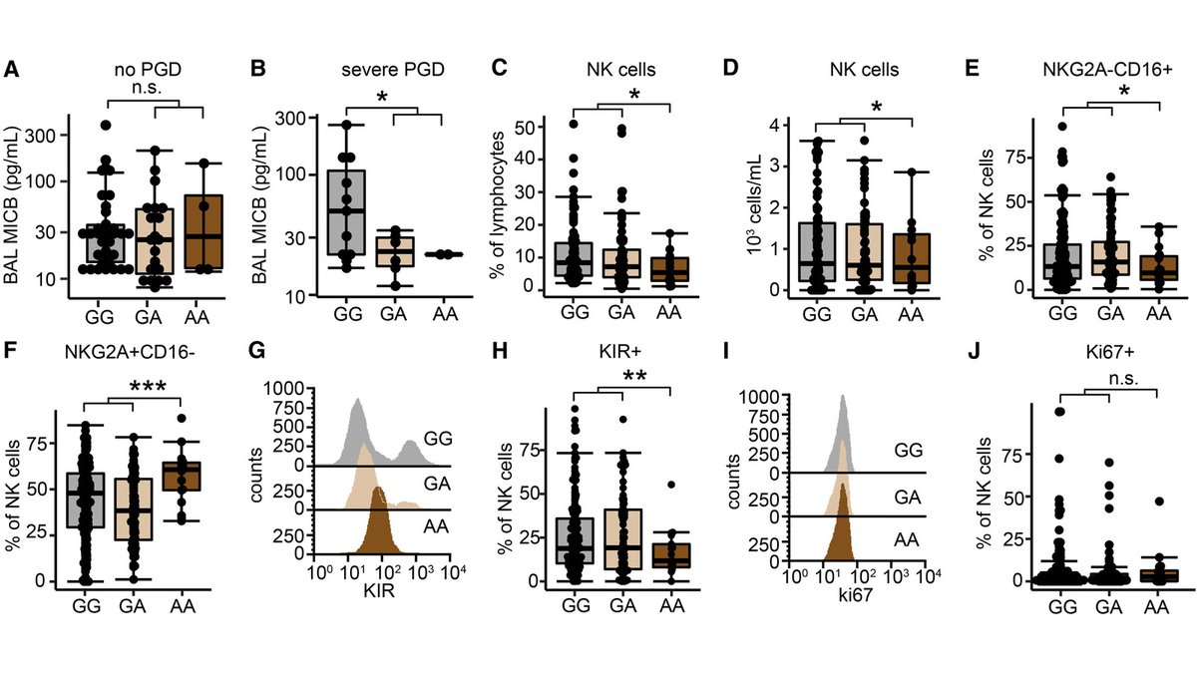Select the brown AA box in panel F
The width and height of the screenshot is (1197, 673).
pyautogui.click(x=181, y=476)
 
